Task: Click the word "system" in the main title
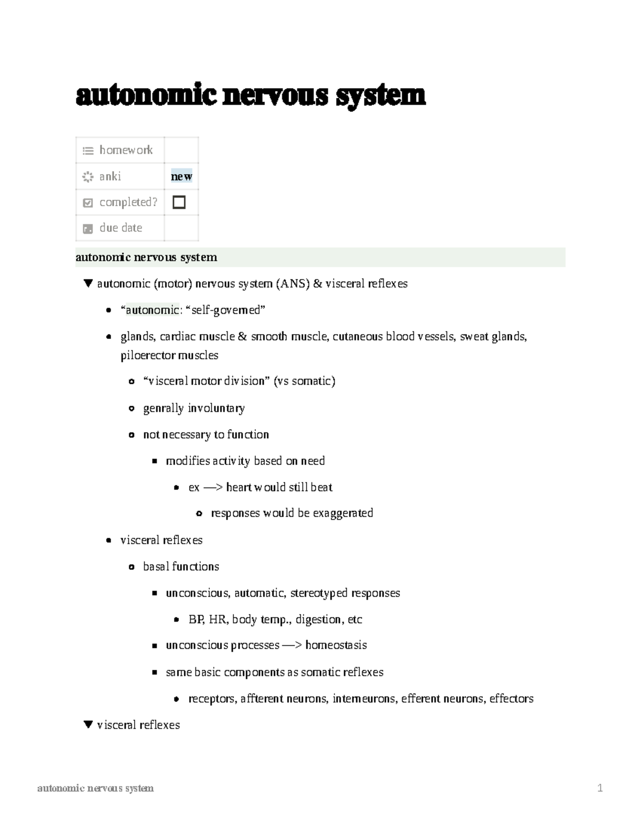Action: (380, 96)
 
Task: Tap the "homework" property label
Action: (126, 150)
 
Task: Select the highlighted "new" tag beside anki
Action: (181, 176)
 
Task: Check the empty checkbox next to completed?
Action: (179, 202)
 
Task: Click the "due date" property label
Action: (121, 228)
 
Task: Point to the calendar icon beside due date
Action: (88, 229)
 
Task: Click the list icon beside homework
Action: (88, 151)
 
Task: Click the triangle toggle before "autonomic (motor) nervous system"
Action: (89, 283)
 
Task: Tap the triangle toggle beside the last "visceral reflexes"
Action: (89, 725)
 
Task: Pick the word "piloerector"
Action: (147, 355)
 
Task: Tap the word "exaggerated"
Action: (342, 513)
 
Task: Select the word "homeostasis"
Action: (336, 645)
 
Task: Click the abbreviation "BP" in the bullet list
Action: (196, 619)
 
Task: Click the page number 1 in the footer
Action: (600, 788)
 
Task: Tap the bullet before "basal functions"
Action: (131, 567)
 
